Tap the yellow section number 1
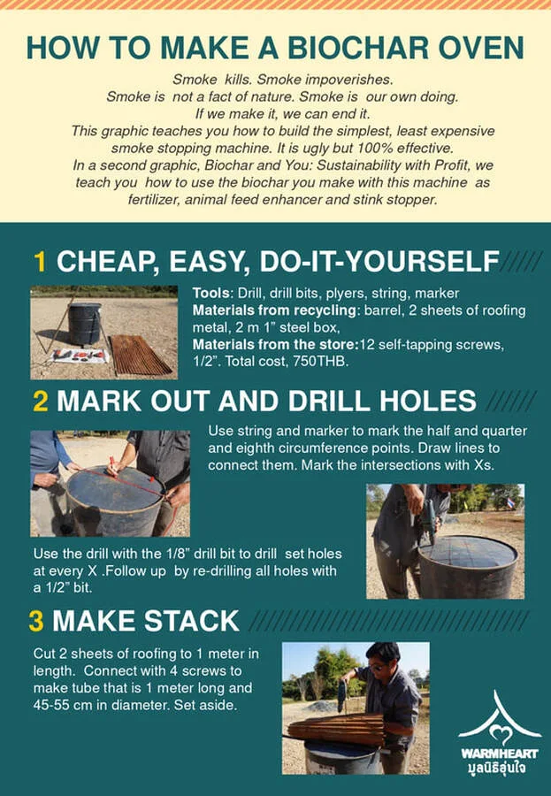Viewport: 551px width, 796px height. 40,262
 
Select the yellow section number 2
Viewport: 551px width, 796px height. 41,401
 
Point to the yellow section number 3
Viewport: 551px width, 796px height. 36,621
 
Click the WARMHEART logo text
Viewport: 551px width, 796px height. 499,754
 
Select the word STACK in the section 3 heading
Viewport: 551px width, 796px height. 192,621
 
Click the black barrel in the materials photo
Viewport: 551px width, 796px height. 85,324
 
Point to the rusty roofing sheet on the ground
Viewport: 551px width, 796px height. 141,355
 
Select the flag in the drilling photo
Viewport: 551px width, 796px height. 510,502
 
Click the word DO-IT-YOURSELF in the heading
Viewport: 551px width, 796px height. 379,262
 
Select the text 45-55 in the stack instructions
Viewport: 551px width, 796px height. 50,705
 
